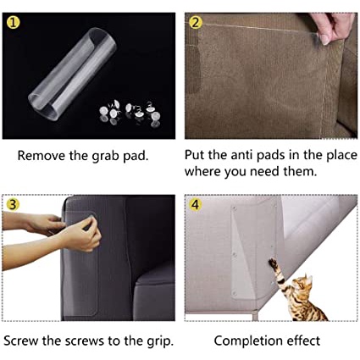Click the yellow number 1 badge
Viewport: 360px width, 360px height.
click(13, 23)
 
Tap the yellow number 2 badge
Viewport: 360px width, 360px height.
click(196, 23)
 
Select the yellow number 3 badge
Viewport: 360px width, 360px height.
click(13, 204)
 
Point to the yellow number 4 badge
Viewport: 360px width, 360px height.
click(196, 204)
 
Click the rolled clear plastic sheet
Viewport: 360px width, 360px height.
click(73, 74)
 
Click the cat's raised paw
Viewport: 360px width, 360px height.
click(273, 263)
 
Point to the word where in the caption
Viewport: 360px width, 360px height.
click(203, 171)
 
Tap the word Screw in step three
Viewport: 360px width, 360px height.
click(21, 341)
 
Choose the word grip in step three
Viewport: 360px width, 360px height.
click(160, 341)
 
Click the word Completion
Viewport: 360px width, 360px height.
click(248, 341)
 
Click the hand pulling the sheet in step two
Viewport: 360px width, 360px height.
click(335, 28)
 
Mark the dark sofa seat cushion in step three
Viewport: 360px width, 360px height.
click(154, 298)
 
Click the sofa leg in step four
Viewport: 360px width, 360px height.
click(255, 316)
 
